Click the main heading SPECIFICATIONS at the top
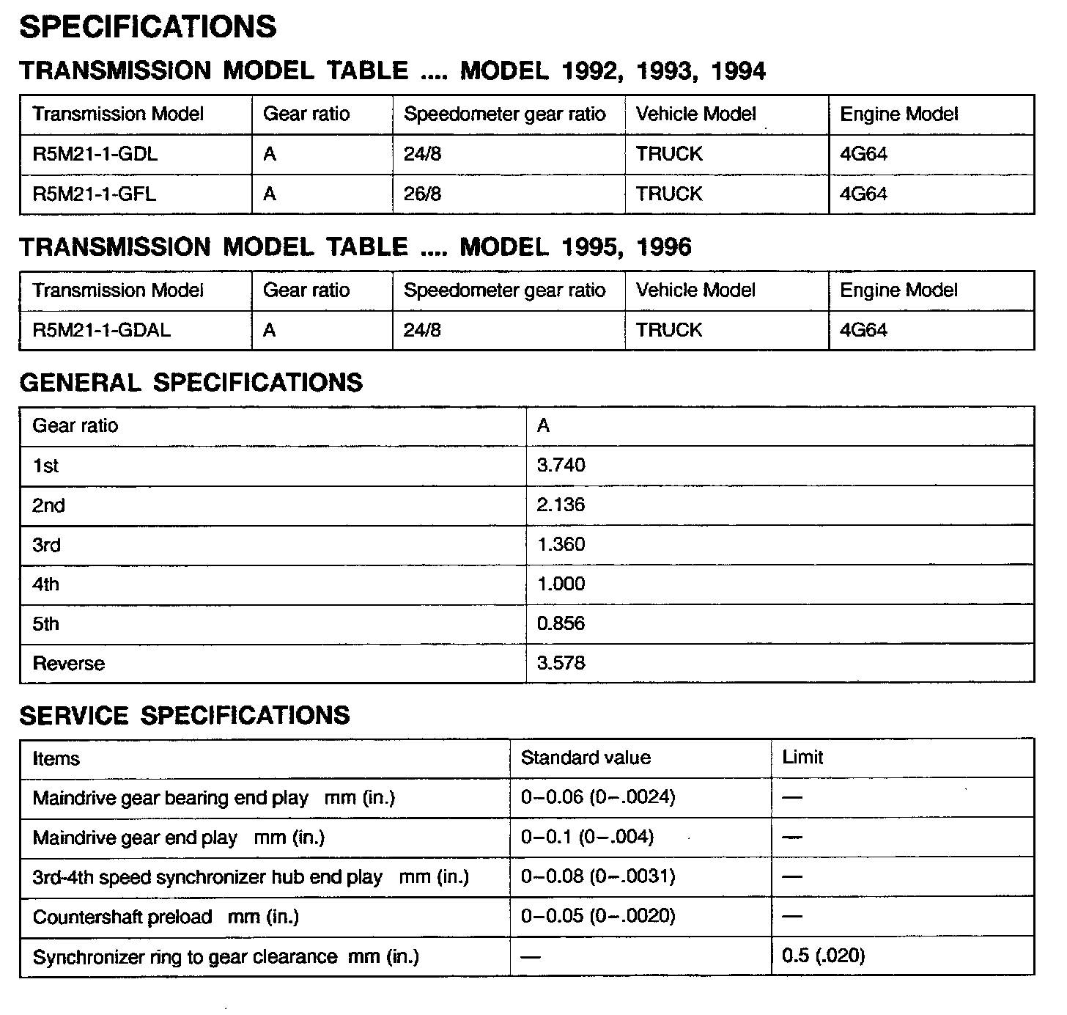[147, 27]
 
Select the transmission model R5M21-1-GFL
[95, 194]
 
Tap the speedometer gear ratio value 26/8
[422, 194]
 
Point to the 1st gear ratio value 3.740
[561, 465]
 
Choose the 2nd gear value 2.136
[561, 505]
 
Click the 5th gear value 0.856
[561, 623]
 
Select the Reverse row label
[69, 664]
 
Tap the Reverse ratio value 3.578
[561, 663]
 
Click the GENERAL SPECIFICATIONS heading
[191, 383]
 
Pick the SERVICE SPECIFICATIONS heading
[185, 716]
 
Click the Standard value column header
[586, 758]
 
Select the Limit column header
[802, 758]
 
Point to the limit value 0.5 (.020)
[823, 956]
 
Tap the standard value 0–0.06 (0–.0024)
[597, 797]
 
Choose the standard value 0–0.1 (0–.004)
[587, 837]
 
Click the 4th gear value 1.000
[561, 584]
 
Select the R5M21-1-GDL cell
[95, 154]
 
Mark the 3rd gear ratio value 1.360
[561, 544]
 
